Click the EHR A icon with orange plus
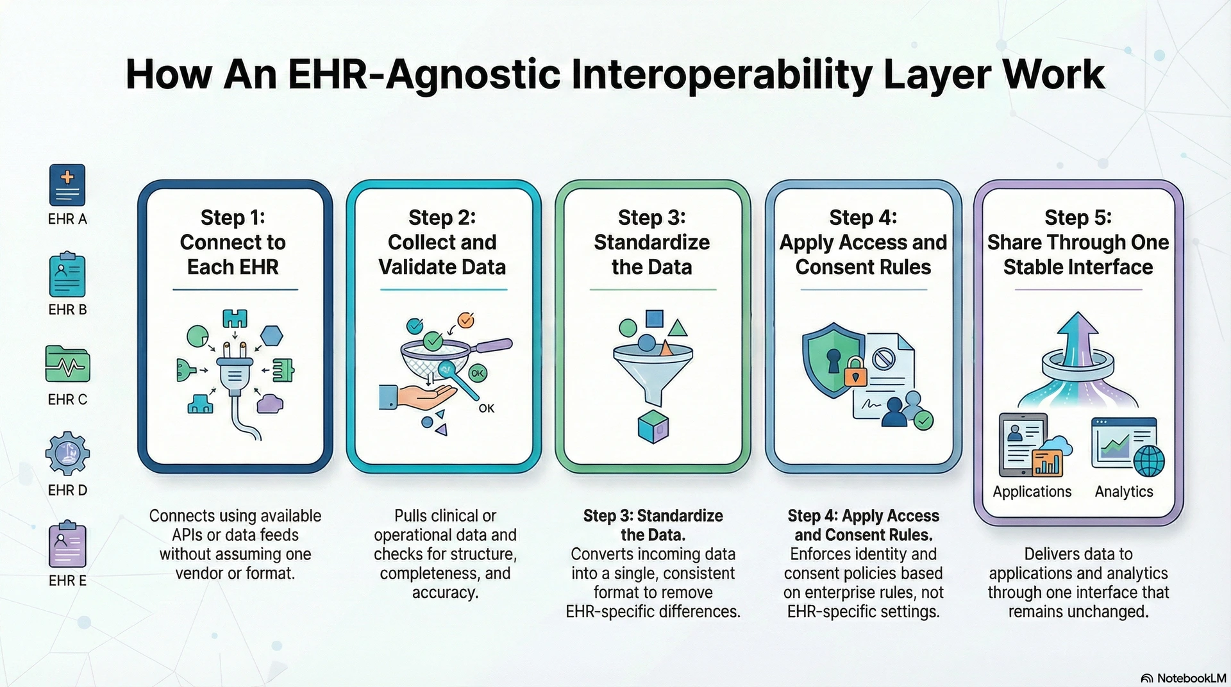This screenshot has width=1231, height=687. click(67, 185)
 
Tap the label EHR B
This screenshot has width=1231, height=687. click(67, 310)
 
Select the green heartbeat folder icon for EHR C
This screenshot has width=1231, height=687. click(67, 364)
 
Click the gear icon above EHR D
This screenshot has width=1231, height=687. click(67, 454)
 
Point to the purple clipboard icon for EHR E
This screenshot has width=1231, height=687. click(67, 545)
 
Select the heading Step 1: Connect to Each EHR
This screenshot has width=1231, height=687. click(233, 242)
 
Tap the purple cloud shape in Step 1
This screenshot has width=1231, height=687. click(270, 403)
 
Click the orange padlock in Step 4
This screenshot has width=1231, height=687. click(855, 372)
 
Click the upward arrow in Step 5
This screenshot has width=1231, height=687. click(1078, 340)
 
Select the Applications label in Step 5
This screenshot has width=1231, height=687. click(1032, 492)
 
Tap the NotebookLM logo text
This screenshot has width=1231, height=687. click(1191, 678)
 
